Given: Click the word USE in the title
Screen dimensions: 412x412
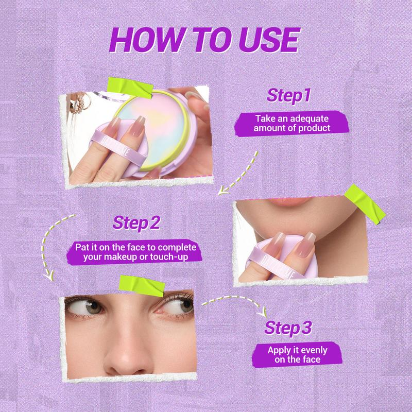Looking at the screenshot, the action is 269,40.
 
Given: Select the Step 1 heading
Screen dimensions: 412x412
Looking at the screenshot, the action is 289,95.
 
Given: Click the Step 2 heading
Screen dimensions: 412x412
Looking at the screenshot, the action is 136,224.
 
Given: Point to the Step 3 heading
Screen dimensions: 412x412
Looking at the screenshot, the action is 288,328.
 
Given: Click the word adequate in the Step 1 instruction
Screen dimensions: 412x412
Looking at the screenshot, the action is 309,119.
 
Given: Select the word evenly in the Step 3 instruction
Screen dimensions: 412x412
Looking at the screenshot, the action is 314,351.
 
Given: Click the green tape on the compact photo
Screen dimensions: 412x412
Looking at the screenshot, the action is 130,88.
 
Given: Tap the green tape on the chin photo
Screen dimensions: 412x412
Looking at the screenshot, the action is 365,204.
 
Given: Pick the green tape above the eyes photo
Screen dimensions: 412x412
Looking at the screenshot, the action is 142,286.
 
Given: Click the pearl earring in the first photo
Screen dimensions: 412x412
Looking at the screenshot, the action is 78,104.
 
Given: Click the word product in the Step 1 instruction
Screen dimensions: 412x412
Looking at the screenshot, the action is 314,128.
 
